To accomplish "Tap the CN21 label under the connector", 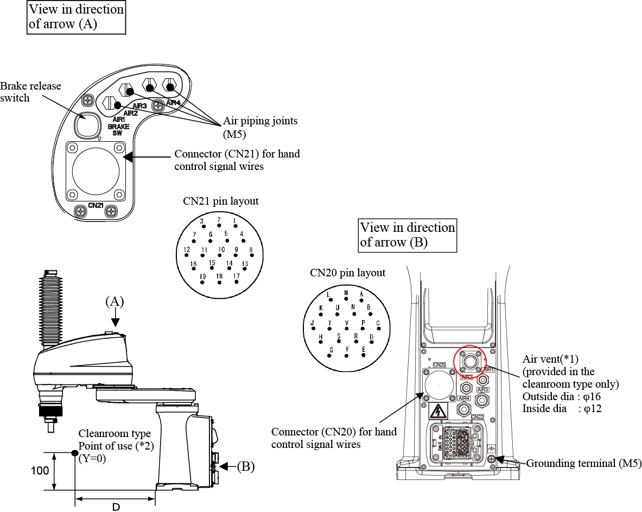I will (96, 206).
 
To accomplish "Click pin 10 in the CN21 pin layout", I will (221, 255).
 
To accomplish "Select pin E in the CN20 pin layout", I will (364, 356).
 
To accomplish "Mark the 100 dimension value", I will (40, 471).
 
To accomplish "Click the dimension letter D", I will (116, 507).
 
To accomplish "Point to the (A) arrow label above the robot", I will (115, 302).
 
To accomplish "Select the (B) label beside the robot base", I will (245, 466).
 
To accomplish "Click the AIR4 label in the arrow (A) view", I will (173, 103).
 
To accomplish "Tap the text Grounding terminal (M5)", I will (584, 464).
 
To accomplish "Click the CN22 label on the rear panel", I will (478, 417).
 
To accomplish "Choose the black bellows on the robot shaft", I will (50, 309).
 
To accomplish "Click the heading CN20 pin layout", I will (347, 273).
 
